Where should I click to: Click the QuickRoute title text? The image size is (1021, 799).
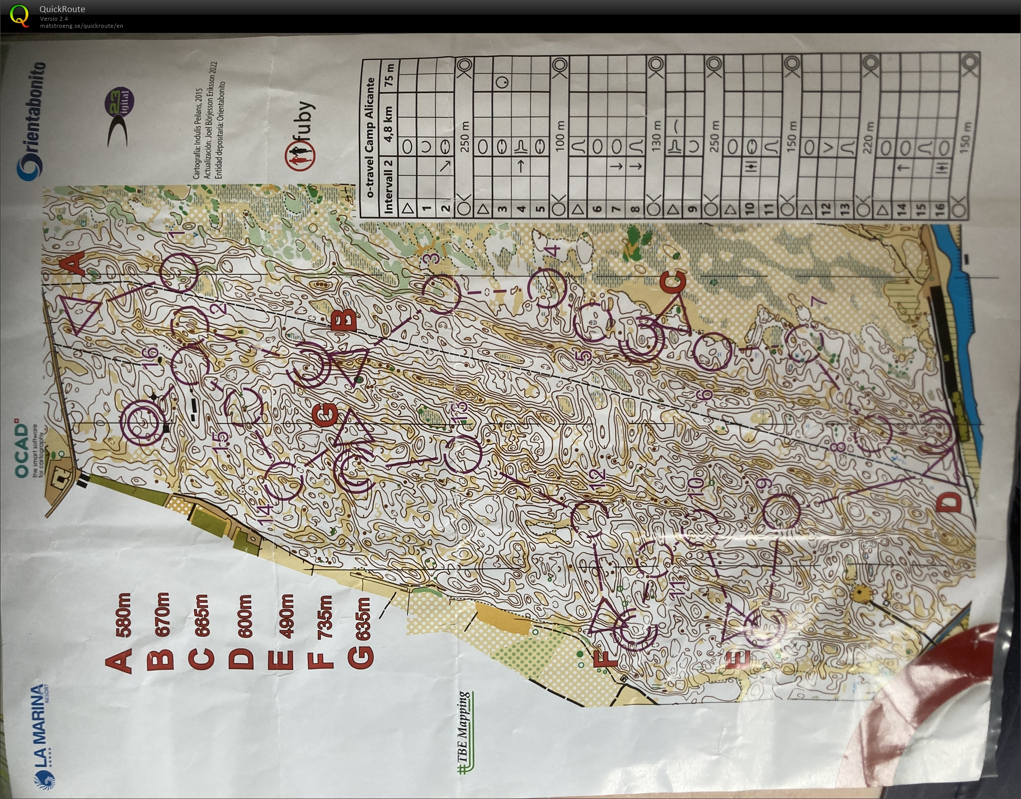click(62, 9)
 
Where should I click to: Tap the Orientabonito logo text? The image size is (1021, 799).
click(31, 121)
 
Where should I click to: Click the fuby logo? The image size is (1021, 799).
click(301, 133)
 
